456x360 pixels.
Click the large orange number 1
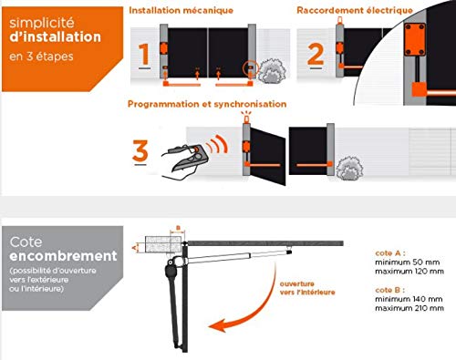pyautogui.click(x=145, y=54)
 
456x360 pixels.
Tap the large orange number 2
pyautogui.click(x=316, y=54)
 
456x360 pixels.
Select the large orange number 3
pyautogui.click(x=140, y=150)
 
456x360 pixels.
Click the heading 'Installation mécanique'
pyautogui.click(x=181, y=10)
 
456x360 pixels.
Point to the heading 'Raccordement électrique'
pyautogui.click(x=355, y=10)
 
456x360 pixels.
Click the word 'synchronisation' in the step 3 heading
pyautogui.click(x=250, y=104)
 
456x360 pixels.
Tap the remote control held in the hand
pyautogui.click(x=191, y=158)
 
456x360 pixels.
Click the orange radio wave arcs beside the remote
pyautogui.click(x=217, y=144)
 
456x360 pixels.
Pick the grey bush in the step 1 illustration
pyautogui.click(x=272, y=71)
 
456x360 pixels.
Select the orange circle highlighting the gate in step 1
pyautogui.click(x=251, y=68)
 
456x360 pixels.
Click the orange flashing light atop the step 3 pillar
pyautogui.click(x=246, y=118)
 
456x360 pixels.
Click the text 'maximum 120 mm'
pyautogui.click(x=409, y=272)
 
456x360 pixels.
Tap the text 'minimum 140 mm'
pyautogui.click(x=409, y=299)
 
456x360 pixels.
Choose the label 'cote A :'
pyautogui.click(x=390, y=253)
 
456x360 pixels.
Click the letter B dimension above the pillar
pyautogui.click(x=179, y=228)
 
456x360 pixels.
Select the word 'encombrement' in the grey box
pyautogui.click(x=63, y=256)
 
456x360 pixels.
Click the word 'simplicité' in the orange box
pyautogui.click(x=42, y=23)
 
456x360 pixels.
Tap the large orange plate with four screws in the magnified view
pyautogui.click(x=415, y=39)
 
